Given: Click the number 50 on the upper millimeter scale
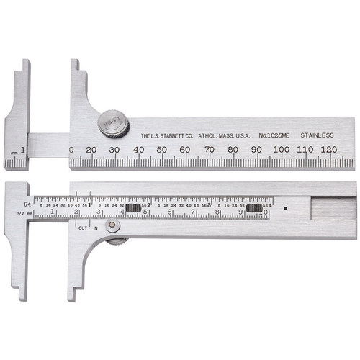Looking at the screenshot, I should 161,149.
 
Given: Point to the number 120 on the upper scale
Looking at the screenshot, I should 329,149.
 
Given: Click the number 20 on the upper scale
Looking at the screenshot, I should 92,149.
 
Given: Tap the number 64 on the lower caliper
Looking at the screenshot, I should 27,204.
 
